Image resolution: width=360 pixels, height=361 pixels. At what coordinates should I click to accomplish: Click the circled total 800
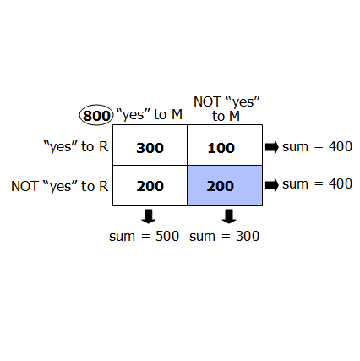96,115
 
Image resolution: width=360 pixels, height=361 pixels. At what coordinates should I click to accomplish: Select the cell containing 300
150,145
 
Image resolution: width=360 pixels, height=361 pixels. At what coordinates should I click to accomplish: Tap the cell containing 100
225,145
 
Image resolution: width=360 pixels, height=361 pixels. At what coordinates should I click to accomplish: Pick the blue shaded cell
225,185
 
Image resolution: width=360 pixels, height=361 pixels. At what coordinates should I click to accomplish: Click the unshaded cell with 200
150,185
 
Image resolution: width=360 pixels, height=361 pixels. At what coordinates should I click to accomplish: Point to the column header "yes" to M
149,114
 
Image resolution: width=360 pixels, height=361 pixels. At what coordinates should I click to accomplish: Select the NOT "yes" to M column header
226,109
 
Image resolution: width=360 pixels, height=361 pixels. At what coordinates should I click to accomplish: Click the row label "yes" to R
76,146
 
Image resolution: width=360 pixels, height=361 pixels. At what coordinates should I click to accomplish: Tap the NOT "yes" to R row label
60,186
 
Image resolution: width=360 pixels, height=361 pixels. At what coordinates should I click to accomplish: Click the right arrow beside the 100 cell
271,147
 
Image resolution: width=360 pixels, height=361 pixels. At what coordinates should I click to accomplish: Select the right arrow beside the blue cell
271,185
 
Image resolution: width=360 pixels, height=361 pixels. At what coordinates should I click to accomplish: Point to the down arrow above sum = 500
149,216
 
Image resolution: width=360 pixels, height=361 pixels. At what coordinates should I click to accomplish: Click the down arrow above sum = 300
229,216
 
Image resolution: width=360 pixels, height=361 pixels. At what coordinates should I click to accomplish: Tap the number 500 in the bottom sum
167,236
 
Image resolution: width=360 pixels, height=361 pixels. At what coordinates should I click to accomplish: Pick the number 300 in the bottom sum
248,236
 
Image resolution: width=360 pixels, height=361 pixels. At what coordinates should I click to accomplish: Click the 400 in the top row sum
341,146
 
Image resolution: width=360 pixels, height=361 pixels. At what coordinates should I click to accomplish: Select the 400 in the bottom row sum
341,183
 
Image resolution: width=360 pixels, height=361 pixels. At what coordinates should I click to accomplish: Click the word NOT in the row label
25,186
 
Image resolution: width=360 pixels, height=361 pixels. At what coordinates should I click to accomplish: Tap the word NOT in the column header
208,101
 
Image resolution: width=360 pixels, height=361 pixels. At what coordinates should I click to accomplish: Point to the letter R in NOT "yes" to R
104,186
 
